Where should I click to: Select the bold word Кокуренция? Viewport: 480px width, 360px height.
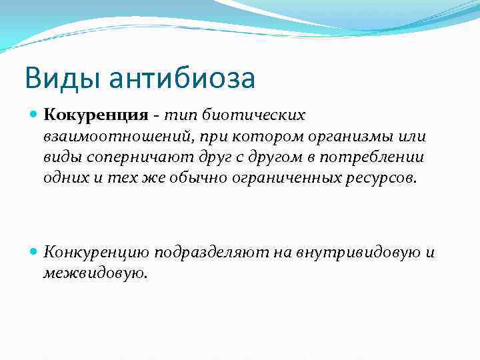point(95,115)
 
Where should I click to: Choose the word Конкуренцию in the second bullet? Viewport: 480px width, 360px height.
point(97,251)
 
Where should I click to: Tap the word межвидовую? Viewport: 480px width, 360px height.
point(94,273)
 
